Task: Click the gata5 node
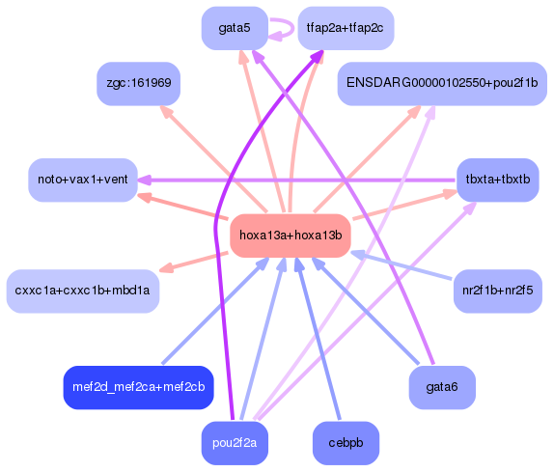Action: [235, 28]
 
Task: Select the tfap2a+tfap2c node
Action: [345, 28]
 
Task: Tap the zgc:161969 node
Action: [139, 84]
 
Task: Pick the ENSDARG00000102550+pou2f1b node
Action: [441, 84]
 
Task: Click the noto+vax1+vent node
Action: [82, 180]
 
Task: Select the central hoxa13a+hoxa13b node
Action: [290, 235]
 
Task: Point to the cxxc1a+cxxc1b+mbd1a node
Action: [82, 291]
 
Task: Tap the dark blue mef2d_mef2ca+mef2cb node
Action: [138, 387]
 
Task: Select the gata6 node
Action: [441, 387]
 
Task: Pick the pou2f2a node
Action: [235, 443]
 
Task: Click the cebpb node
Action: [346, 443]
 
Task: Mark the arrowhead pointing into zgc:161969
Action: [166, 112]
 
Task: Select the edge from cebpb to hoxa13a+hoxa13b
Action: [319, 338]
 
